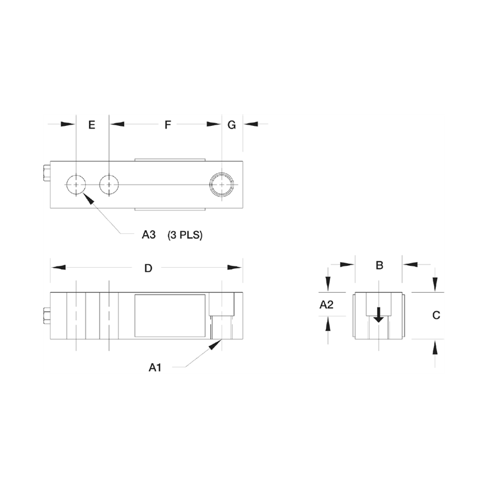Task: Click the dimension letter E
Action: pyautogui.click(x=91, y=125)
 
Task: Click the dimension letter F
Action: pyautogui.click(x=167, y=125)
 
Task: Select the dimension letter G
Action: pyautogui.click(x=231, y=125)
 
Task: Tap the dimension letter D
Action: pyautogui.click(x=148, y=268)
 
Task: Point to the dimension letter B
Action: pyautogui.click(x=379, y=265)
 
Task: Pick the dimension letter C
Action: pyautogui.click(x=436, y=315)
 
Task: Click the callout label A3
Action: pyautogui.click(x=148, y=235)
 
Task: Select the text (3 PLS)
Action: pyautogui.click(x=185, y=235)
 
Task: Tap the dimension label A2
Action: pyautogui.click(x=327, y=305)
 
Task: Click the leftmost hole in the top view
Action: pyautogui.click(x=76, y=185)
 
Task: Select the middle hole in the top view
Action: pyautogui.click(x=109, y=185)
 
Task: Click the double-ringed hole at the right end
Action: pyautogui.click(x=221, y=184)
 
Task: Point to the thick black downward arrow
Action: pyautogui.click(x=378, y=314)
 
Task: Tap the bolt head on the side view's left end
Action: pyautogui.click(x=47, y=315)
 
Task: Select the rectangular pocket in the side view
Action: pyautogui.click(x=170, y=315)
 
